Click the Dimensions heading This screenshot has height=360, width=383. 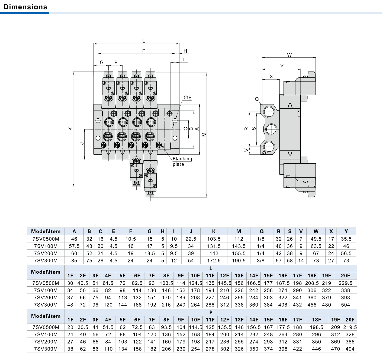[25, 7]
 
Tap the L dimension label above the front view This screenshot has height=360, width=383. [144, 41]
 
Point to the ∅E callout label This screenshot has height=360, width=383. [188, 98]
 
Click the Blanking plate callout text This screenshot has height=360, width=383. [182, 161]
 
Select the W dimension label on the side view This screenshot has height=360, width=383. [289, 55]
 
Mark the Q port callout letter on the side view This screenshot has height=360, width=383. [257, 99]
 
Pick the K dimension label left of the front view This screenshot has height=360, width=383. [70, 129]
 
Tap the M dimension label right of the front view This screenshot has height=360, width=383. [204, 135]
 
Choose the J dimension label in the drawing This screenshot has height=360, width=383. [82, 143]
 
